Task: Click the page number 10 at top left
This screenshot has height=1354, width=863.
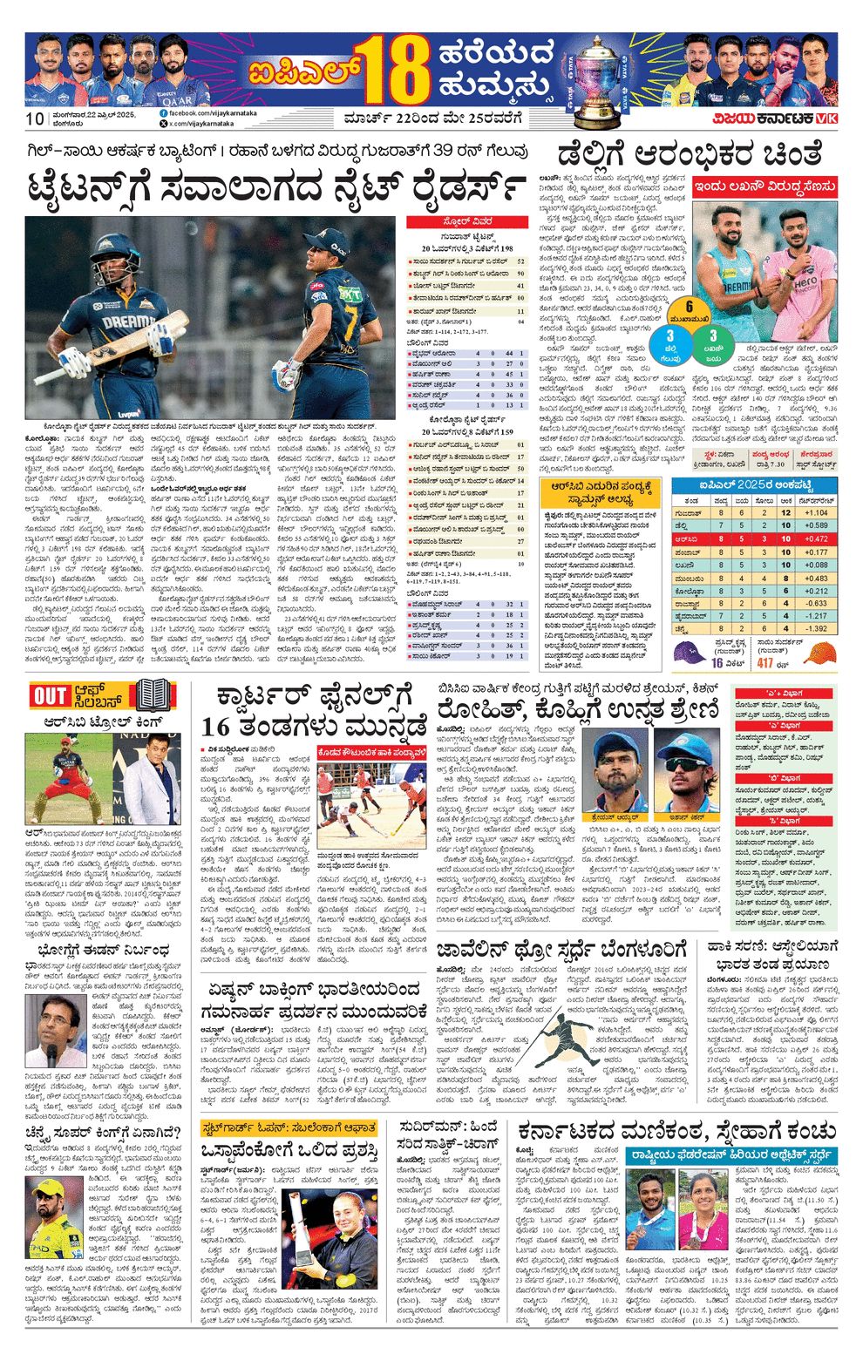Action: click(x=35, y=119)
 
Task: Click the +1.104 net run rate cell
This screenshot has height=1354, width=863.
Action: click(x=815, y=513)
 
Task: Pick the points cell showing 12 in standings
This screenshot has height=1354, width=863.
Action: click(x=785, y=513)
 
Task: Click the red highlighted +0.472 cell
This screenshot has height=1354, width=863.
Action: click(x=815, y=539)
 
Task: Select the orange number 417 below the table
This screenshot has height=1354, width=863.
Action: click(x=764, y=663)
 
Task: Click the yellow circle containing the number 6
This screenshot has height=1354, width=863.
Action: click(x=689, y=307)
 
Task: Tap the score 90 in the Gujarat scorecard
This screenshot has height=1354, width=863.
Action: click(x=520, y=274)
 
